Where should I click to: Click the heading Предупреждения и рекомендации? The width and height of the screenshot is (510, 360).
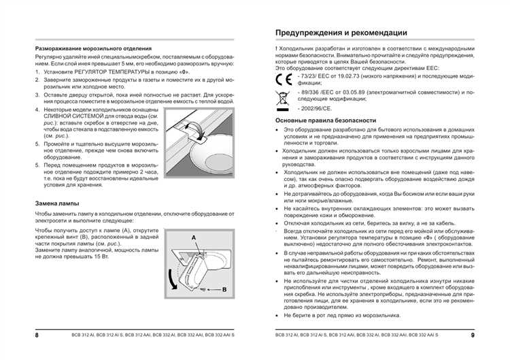[341, 32]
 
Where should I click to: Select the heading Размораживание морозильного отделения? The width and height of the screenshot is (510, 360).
[93, 49]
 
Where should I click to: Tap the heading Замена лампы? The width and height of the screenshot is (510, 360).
[57, 203]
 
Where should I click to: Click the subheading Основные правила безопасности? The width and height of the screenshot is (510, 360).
[325, 120]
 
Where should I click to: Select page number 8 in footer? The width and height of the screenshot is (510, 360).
[37, 335]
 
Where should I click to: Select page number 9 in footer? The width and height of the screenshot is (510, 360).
[473, 335]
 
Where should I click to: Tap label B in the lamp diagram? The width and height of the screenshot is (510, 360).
[224, 289]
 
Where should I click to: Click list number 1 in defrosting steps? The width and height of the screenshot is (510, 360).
[37, 71]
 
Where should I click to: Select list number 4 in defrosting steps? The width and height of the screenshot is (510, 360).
[37, 110]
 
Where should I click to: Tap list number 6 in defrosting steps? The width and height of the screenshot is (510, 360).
[37, 165]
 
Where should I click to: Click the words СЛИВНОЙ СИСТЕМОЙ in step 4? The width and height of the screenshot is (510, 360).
[73, 116]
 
